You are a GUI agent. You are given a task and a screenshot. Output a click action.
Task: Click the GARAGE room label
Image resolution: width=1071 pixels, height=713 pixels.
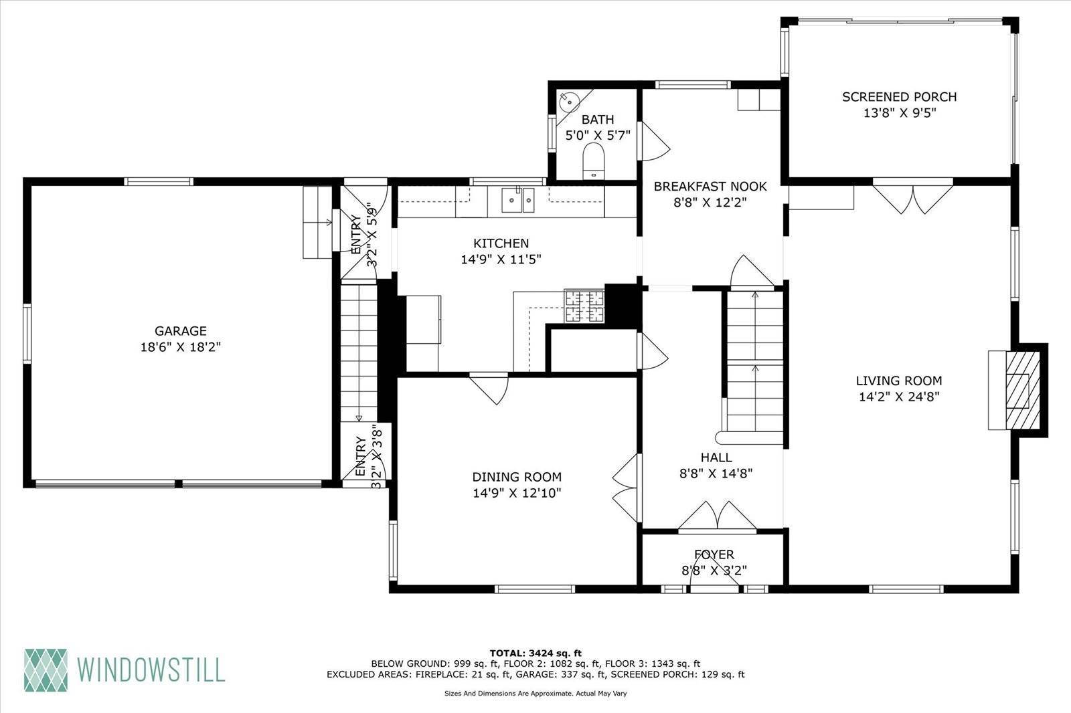point(180,330)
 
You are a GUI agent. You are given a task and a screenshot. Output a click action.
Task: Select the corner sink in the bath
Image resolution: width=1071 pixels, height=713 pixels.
point(568,101)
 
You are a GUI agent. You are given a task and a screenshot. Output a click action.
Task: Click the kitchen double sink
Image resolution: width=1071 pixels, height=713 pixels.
point(518,200)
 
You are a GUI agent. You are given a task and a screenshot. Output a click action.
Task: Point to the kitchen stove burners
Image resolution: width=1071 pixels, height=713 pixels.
point(584,306)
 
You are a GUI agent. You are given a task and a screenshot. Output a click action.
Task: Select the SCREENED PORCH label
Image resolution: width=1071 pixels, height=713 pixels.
point(900,97)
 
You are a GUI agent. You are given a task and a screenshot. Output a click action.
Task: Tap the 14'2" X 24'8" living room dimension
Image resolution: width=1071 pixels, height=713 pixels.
point(900,397)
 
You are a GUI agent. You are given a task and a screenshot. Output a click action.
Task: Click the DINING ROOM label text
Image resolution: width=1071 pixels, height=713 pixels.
point(517,476)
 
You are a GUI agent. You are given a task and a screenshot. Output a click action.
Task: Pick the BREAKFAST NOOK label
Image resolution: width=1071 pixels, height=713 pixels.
point(710,187)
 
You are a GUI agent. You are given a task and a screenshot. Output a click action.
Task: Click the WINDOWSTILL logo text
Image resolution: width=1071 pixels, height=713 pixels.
point(151,670)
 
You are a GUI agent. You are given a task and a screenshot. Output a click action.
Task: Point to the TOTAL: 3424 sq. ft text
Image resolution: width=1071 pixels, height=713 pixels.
point(535,653)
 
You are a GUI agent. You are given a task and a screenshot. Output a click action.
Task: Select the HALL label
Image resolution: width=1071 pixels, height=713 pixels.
point(716,457)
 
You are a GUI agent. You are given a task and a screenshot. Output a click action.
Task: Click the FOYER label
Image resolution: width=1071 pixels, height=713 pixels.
point(714,554)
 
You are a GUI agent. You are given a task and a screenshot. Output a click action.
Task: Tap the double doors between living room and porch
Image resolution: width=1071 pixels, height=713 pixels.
point(913,196)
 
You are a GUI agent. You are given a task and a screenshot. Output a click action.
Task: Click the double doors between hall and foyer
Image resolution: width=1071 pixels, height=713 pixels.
point(717,516)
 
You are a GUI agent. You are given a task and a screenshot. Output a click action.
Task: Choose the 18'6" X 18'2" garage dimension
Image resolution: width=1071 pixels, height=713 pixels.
point(180,347)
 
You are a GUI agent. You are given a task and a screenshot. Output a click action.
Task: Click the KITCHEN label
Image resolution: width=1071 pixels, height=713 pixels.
point(501,243)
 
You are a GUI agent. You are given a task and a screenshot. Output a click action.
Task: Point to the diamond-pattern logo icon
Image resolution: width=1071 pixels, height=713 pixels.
point(46,670)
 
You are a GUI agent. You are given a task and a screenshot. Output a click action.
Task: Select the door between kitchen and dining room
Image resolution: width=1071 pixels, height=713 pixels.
point(489,388)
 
